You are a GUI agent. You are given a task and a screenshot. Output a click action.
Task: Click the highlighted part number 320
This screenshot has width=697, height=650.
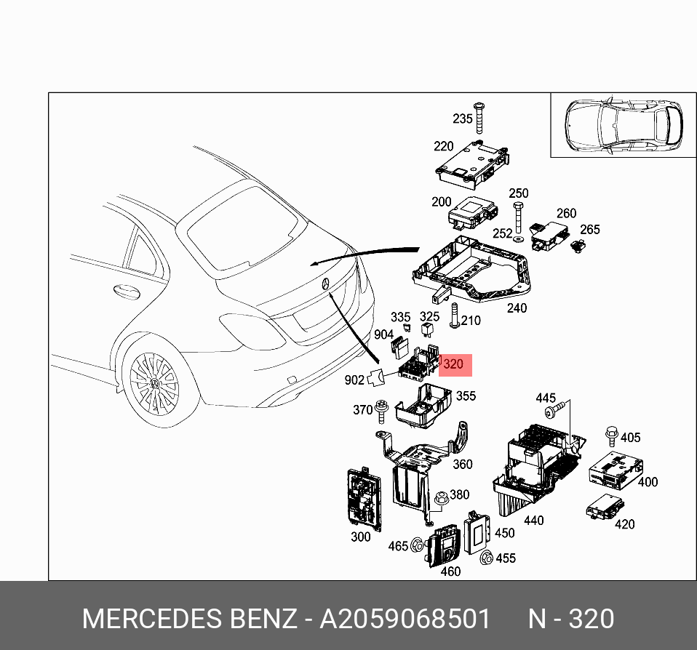[x=454, y=364]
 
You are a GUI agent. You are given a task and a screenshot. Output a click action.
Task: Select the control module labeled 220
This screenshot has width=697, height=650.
[x=471, y=161]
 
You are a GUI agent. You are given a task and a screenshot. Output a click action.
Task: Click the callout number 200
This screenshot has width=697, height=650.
[x=441, y=202]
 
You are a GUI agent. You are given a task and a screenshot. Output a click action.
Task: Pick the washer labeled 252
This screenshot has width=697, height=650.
[x=517, y=239]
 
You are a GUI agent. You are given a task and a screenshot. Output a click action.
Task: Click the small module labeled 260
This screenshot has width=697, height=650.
[x=546, y=234]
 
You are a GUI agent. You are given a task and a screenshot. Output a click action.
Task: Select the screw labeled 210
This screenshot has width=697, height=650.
[x=454, y=316]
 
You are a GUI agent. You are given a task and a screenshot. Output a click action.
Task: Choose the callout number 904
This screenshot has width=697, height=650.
[x=383, y=334]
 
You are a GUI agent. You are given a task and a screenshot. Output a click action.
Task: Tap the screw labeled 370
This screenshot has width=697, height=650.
[x=381, y=412]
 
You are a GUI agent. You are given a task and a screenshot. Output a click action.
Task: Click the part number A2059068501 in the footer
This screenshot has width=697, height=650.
[x=405, y=619]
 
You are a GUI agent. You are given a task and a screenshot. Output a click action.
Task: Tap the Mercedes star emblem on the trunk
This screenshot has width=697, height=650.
[x=325, y=283]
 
